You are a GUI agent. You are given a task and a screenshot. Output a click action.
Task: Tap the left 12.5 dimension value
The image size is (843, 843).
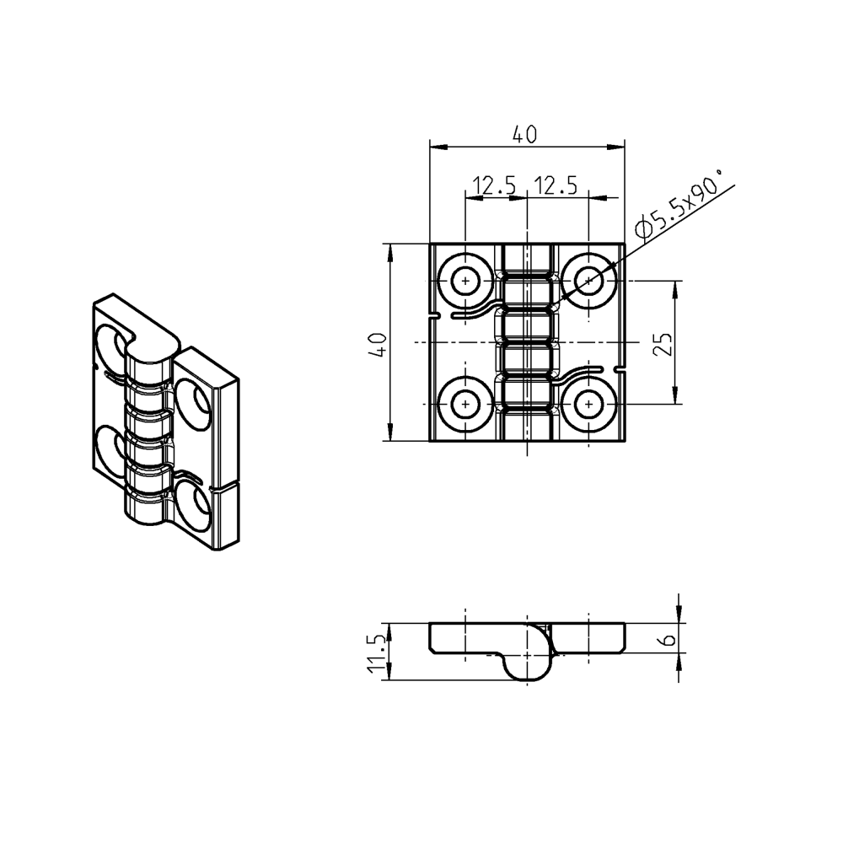point(493,185)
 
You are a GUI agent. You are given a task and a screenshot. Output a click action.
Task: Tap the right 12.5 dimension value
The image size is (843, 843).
point(556,185)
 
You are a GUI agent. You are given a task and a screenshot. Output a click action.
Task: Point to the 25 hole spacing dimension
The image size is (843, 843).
point(663,344)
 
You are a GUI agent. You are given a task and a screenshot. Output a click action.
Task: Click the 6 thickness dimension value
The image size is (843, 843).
point(668,639)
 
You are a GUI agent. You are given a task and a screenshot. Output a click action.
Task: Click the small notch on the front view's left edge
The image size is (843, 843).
point(434,317)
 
